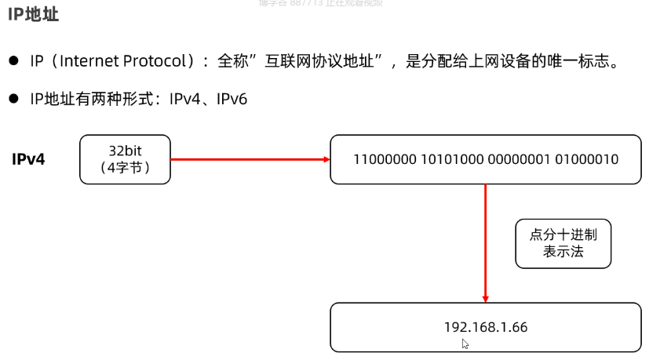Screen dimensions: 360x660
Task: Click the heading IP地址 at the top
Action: click(34, 15)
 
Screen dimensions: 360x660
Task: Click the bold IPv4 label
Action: click(28, 159)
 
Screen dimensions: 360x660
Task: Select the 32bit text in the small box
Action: click(125, 150)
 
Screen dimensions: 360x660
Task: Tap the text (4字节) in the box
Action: click(125, 167)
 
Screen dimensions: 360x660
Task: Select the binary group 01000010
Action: click(586, 159)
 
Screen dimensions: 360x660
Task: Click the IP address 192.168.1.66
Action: click(486, 327)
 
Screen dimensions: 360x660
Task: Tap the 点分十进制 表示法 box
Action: click(563, 243)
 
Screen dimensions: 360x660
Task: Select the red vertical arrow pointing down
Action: click(486, 243)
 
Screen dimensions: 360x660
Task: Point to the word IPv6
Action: click(232, 100)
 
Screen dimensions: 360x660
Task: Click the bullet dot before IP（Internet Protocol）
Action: click(14, 61)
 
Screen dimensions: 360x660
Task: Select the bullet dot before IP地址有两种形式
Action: click(14, 100)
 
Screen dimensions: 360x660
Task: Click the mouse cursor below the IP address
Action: click(465, 344)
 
